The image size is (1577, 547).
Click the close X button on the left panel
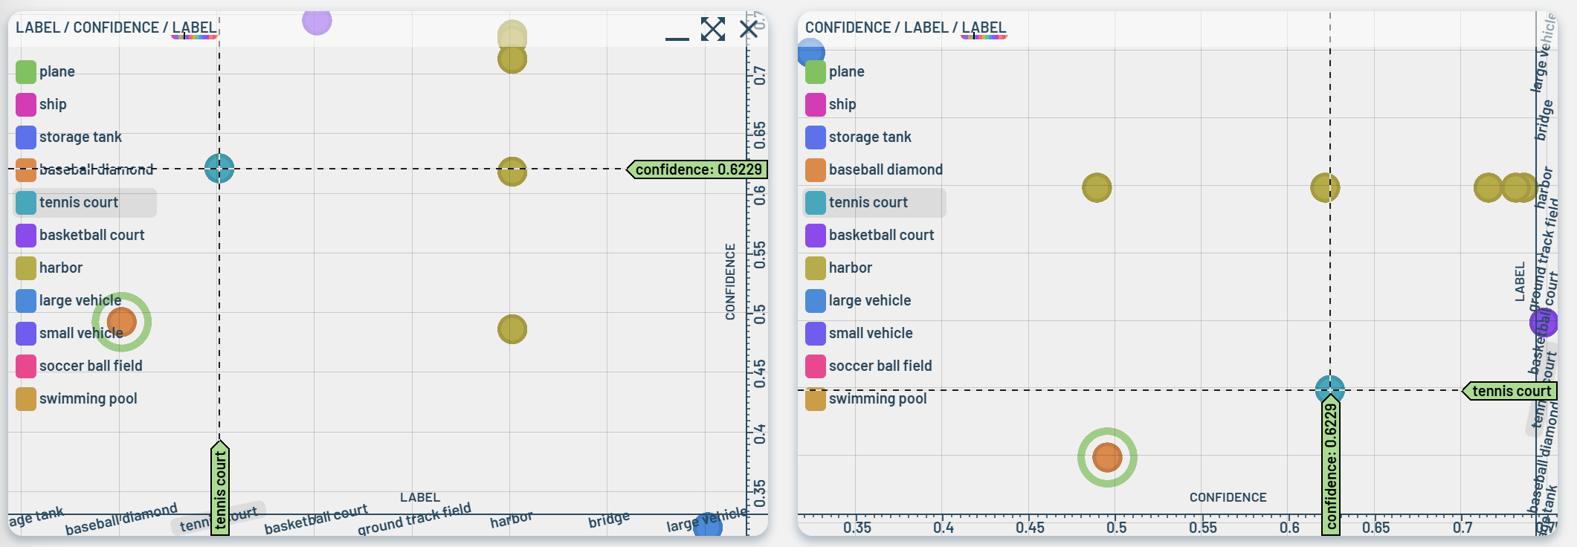(x=749, y=29)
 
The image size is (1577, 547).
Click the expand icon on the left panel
(x=712, y=29)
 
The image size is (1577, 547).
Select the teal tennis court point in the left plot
(x=219, y=169)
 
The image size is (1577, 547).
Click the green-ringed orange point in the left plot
(x=121, y=322)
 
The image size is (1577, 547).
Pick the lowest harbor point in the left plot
(x=512, y=329)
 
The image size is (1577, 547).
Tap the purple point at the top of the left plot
(x=317, y=21)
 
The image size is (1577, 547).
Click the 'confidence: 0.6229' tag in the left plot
(x=697, y=169)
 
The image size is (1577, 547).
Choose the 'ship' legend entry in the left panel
(x=52, y=104)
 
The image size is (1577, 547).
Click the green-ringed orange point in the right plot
(x=1107, y=457)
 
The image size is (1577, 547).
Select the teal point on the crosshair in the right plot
(x=1329, y=389)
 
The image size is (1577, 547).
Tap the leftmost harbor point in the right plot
(x=1097, y=187)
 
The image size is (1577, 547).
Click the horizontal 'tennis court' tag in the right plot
(x=1510, y=391)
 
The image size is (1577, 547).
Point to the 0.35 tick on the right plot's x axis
(x=857, y=527)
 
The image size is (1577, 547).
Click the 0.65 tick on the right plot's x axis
(x=1376, y=527)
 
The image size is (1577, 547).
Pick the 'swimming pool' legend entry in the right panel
(x=877, y=398)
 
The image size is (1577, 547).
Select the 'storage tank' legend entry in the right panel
(x=869, y=137)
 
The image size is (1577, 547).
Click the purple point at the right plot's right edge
(x=1544, y=323)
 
